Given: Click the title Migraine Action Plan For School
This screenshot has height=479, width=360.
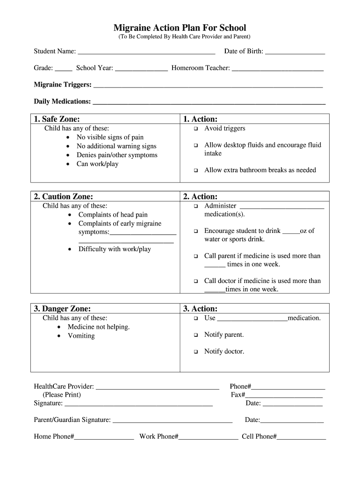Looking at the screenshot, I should [x=180, y=28].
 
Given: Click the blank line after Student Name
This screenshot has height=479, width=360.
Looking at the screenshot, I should [x=146, y=51].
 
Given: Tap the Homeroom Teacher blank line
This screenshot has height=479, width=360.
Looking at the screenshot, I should [x=277, y=68].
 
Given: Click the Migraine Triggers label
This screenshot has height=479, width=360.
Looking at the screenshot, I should [x=63, y=85].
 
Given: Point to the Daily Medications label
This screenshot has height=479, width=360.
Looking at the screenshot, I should [x=62, y=102].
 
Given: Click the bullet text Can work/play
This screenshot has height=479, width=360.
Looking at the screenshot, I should [x=97, y=164].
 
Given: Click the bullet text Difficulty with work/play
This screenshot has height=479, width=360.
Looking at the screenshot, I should [x=115, y=249].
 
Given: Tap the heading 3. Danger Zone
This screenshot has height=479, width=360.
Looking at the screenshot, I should [x=62, y=309].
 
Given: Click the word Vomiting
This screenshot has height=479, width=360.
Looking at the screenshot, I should [x=81, y=335].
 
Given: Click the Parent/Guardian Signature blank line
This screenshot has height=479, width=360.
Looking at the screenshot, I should [x=173, y=421].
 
